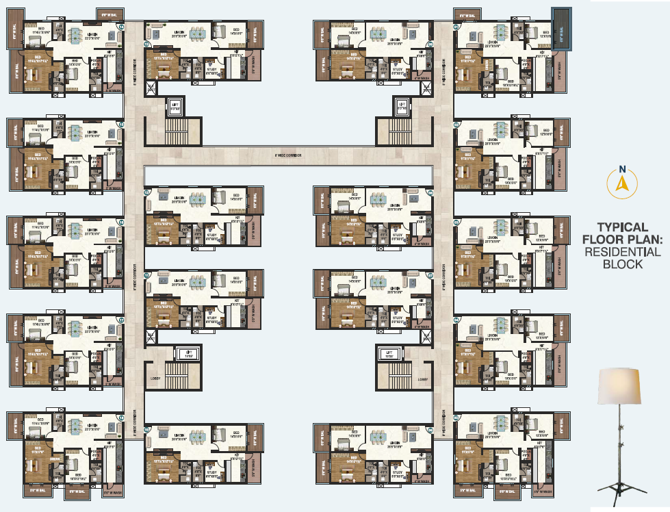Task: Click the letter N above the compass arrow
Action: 622,169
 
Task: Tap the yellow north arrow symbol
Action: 622,184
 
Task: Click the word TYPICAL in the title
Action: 622,227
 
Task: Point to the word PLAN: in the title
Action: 644,240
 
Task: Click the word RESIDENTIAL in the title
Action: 622,252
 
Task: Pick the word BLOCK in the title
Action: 622,264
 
